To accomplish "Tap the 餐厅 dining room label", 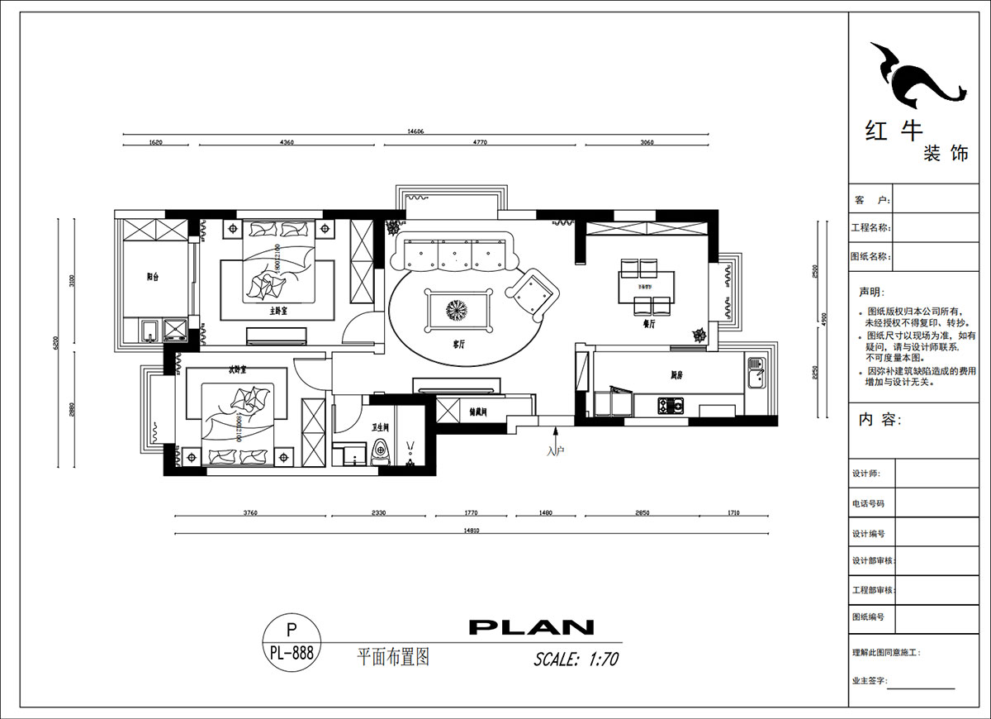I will coord(648,325).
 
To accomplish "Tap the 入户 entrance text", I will coord(555,451).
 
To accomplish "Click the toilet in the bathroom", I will coord(381,453).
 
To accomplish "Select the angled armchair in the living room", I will coord(533,293).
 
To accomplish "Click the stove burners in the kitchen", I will coord(671,405).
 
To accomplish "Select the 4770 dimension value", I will coord(480,142).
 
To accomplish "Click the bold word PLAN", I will coord(531,627).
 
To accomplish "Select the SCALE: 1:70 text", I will coord(576,659).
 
